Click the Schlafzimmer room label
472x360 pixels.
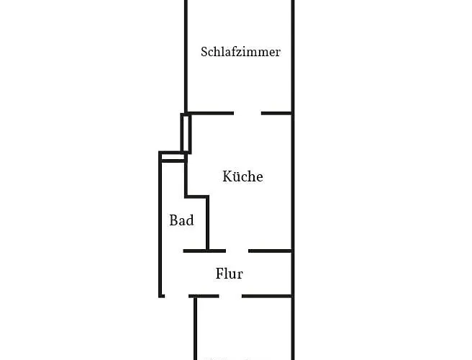tap(240, 52)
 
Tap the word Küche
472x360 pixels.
tap(242, 176)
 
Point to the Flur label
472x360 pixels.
tap(229, 274)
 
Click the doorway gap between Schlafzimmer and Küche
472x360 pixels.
tap(247, 113)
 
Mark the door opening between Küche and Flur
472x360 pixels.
tap(237, 251)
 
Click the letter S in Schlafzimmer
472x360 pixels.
tap(204, 52)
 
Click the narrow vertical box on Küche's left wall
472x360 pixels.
tap(186, 133)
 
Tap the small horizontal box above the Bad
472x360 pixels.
tap(172, 156)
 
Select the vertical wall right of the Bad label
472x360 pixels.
tap(208, 223)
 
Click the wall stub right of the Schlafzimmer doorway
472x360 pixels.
tap(276, 113)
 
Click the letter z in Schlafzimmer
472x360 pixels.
tap(241, 53)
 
